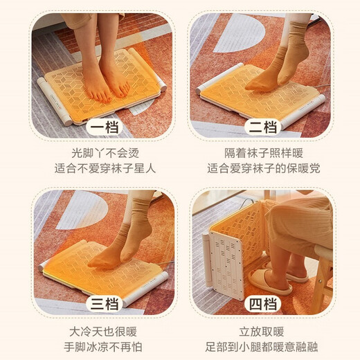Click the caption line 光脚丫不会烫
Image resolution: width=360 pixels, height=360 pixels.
tap(103, 154)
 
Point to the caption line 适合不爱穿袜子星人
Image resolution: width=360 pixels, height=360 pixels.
tap(103, 169)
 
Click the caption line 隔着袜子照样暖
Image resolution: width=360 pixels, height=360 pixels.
tap(264, 154)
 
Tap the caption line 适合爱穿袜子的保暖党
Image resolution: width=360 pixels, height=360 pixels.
tap(264, 169)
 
